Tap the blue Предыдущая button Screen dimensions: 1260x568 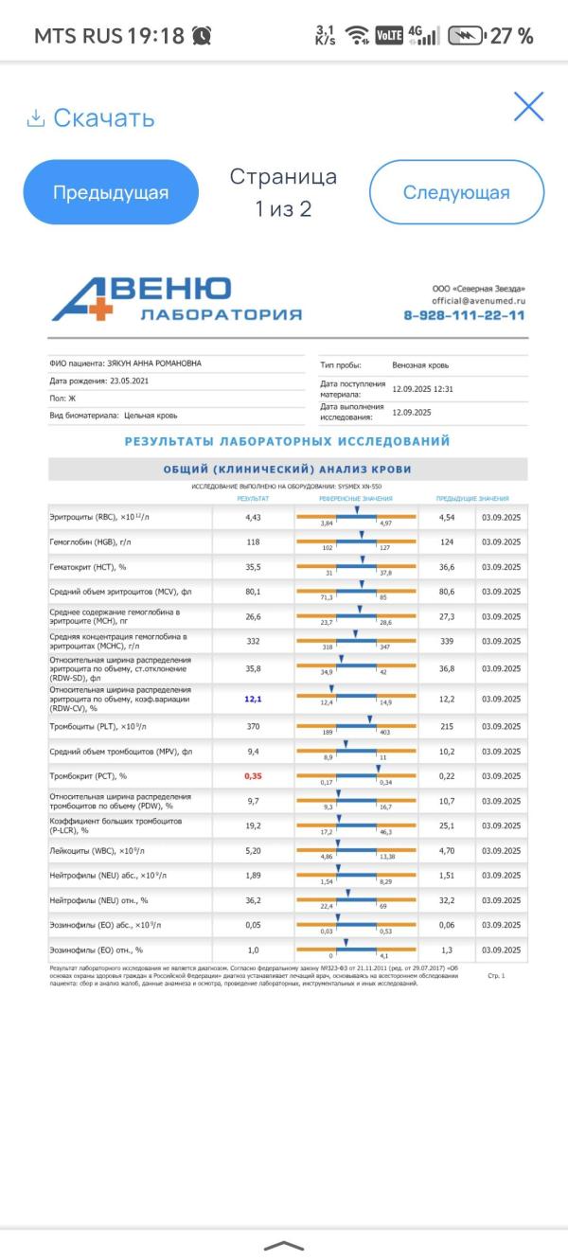[111, 192]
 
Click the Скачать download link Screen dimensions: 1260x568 [91, 118]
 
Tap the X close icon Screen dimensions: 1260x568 [528, 107]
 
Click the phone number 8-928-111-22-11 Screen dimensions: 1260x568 [464, 315]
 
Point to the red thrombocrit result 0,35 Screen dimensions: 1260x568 [253, 775]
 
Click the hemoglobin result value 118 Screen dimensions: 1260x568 [253, 541]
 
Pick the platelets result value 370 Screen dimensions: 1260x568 [253, 725]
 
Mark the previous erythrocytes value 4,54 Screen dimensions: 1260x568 [447, 518]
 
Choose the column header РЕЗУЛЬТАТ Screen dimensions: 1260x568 [253, 498]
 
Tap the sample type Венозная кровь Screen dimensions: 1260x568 [420, 364]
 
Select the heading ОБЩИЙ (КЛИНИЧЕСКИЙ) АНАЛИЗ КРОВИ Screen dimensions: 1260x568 [288, 470]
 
